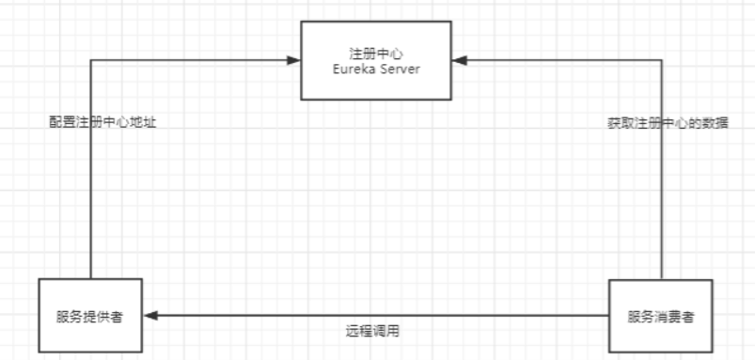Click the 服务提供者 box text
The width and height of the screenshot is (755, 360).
point(90,315)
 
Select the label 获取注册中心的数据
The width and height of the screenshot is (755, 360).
point(668,123)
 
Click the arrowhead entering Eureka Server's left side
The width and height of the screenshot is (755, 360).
point(293,60)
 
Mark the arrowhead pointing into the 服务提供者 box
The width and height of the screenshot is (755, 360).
point(149,316)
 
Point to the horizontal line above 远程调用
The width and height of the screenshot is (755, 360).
point(376,316)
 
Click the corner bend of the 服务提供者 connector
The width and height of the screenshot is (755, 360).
point(90,60)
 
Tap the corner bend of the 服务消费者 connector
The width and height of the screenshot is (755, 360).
point(662,60)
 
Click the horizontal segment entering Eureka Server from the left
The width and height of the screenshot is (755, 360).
point(188,60)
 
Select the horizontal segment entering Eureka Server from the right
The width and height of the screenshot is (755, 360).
point(564,60)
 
